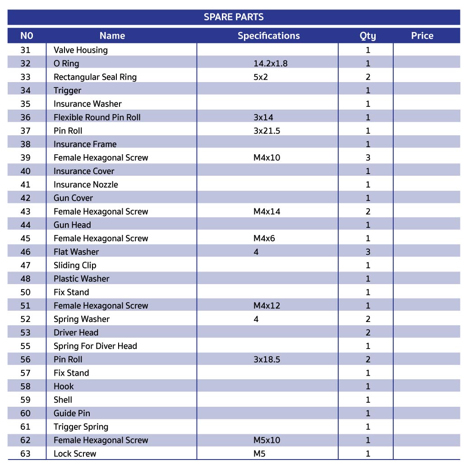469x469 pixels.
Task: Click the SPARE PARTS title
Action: coord(234,17)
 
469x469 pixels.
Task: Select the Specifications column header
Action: coord(268,36)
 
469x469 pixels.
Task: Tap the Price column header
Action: coord(422,36)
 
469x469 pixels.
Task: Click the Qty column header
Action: coord(368,36)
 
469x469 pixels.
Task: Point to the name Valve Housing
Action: coord(80,50)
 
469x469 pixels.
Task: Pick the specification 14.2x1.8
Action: coord(270,64)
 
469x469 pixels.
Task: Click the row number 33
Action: coord(26,77)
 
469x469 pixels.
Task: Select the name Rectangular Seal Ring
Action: coord(95,77)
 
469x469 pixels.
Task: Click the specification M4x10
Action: coord(267,158)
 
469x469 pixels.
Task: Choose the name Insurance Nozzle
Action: coord(86,184)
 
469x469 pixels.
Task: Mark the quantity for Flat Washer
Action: coord(368,252)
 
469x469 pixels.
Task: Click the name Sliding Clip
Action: coord(75,265)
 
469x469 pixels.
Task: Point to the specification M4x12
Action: coord(267,306)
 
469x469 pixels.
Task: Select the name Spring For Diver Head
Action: coord(95,346)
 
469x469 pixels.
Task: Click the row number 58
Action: coord(26,386)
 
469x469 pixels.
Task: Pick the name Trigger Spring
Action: coord(81,427)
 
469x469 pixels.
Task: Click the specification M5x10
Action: coord(267,440)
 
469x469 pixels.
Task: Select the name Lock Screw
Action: coord(75,454)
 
